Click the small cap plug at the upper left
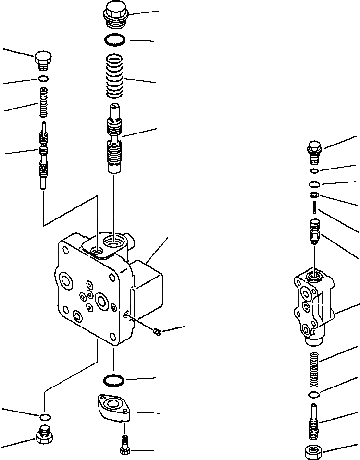coord(43,61)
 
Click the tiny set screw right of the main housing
coord(156,330)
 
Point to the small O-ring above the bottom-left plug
coord(44,416)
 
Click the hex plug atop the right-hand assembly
coord(314,148)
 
